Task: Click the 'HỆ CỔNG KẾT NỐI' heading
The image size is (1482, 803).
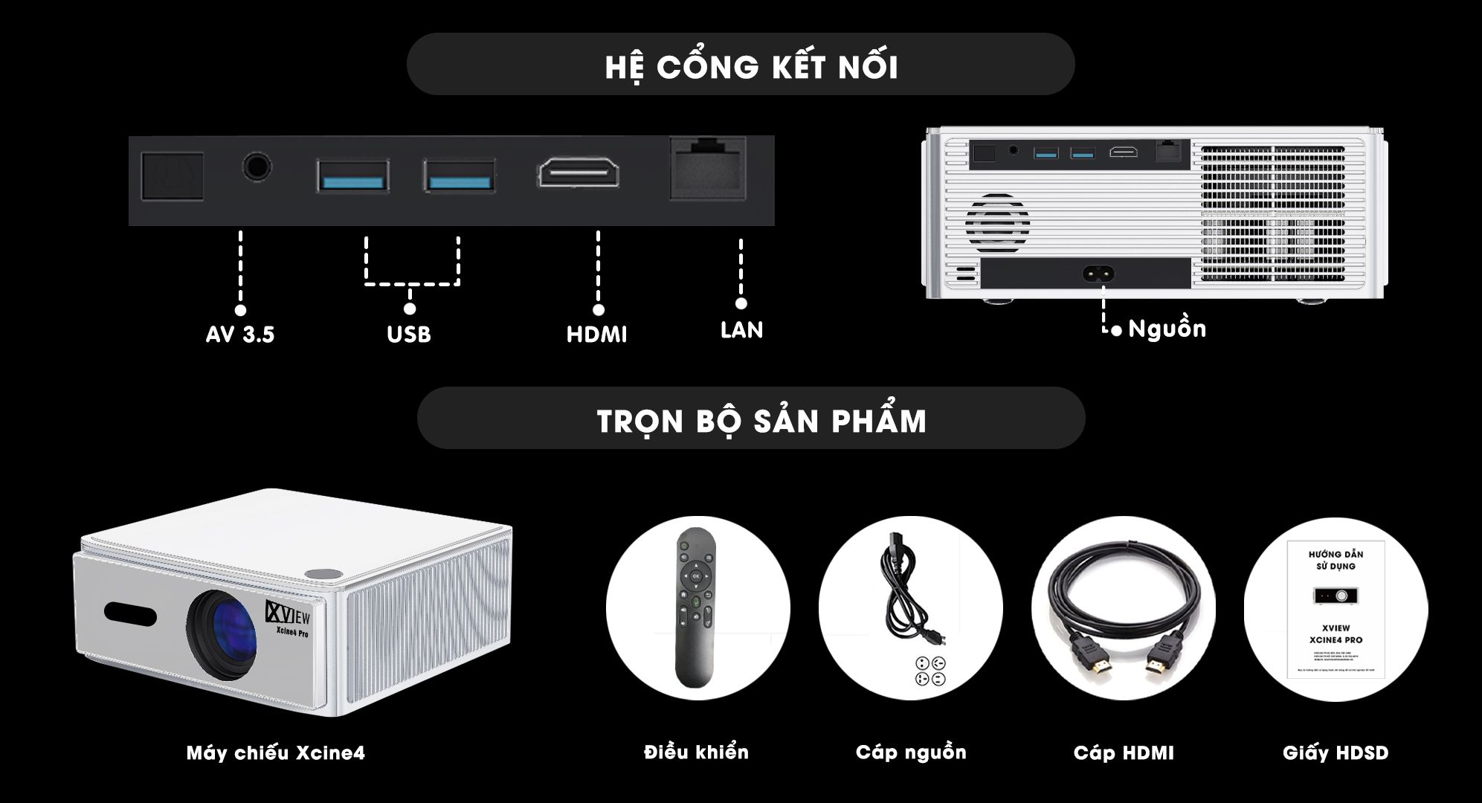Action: pos(751,66)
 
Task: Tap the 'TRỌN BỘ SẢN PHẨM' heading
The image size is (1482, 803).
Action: pos(761,421)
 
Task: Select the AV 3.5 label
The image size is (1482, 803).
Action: pos(240,335)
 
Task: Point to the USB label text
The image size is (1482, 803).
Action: pos(409,335)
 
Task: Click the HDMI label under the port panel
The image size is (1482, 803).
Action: pos(597,335)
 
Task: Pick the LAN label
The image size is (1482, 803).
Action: pos(741,330)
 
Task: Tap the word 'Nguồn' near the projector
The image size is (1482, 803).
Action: pos(1167,329)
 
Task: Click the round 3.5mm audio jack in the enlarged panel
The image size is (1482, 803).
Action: pos(257,167)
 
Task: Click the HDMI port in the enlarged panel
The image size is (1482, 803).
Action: pos(579,174)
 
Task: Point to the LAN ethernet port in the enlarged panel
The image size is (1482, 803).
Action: pos(708,169)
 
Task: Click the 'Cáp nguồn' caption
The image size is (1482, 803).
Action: pos(911,752)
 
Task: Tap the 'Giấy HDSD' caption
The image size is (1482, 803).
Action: pos(1336,753)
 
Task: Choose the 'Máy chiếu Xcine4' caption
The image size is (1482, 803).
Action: pos(276,753)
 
